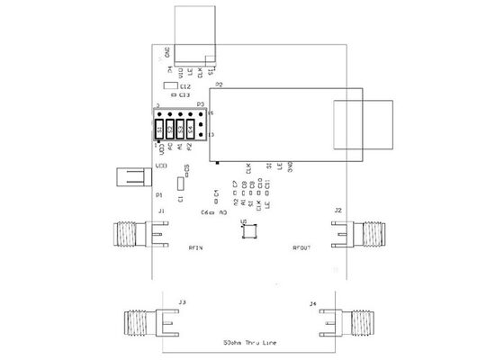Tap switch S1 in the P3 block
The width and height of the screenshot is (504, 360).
[160, 129]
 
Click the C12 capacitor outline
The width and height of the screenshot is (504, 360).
[170, 86]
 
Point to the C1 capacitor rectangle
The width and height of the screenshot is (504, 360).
[180, 184]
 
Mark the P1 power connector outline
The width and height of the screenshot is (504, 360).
[129, 176]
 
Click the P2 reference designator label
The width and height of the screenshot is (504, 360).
[218, 84]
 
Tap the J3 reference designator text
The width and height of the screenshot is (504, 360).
[182, 301]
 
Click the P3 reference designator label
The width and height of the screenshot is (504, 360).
[202, 104]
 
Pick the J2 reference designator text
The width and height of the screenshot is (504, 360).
[337, 210]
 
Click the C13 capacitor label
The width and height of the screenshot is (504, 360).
[184, 94]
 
